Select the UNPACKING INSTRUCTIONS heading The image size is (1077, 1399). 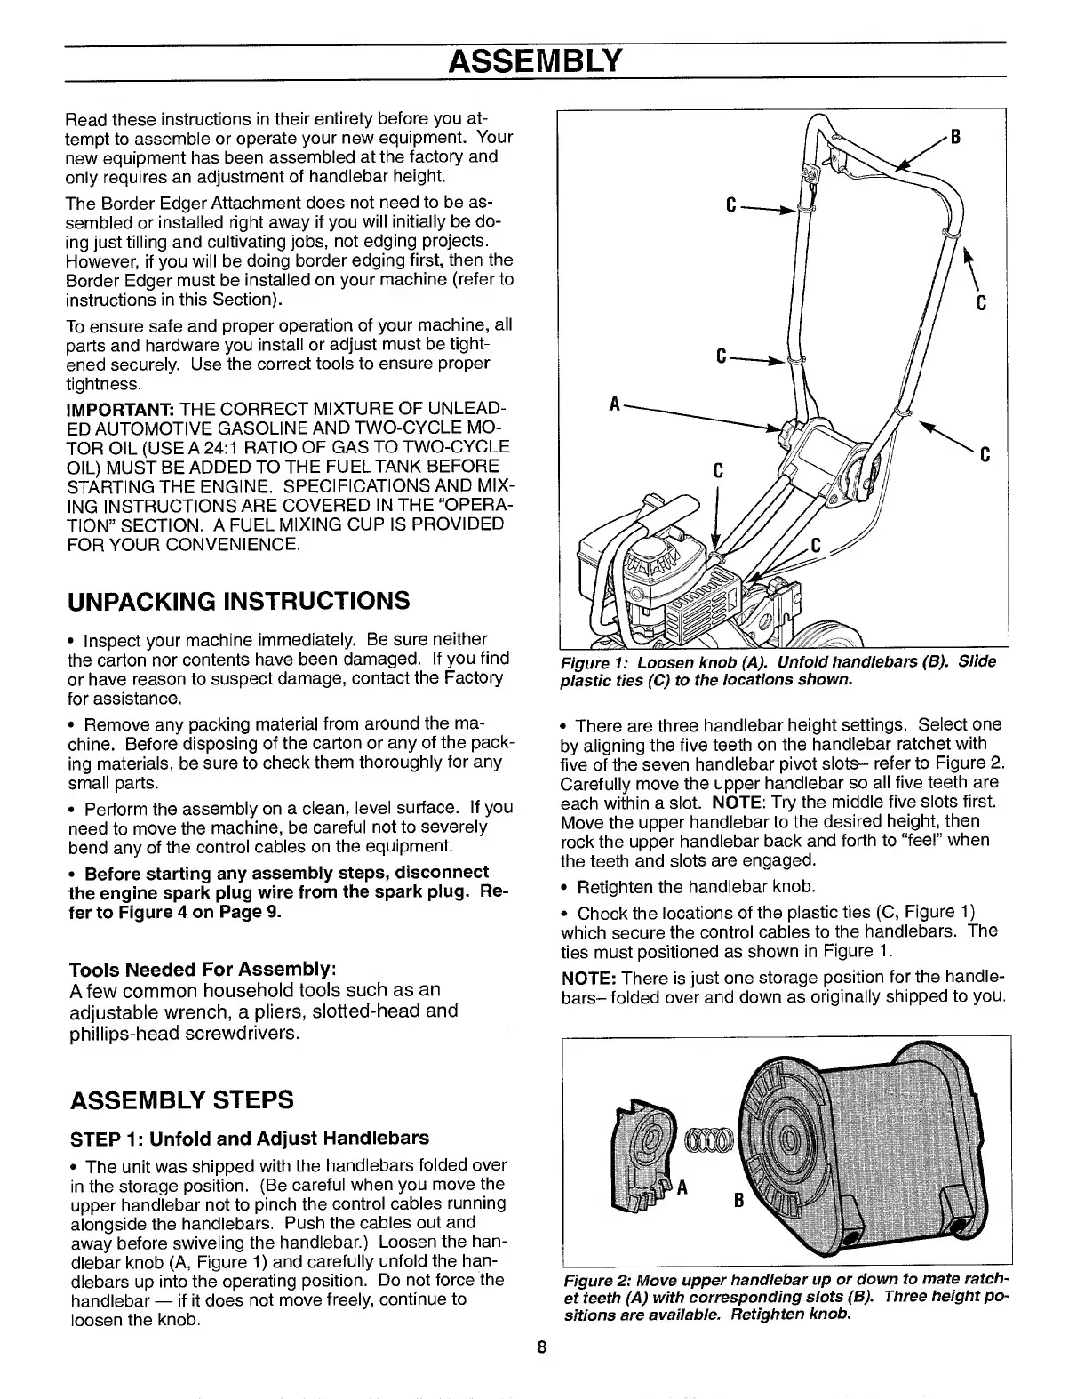tap(238, 601)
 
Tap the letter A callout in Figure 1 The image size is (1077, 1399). tap(613, 404)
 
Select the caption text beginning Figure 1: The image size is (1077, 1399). tap(778, 670)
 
